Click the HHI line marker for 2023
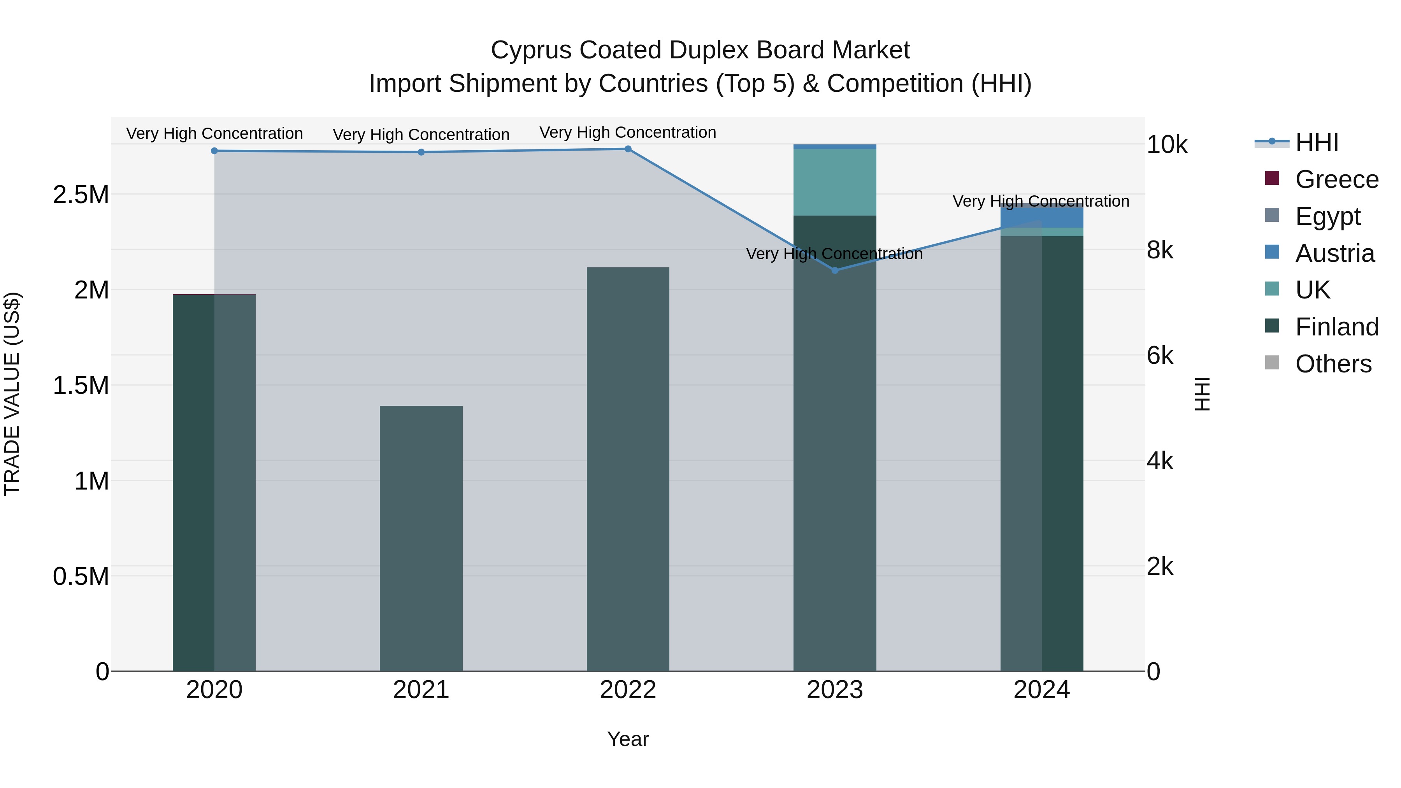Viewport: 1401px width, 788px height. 835,270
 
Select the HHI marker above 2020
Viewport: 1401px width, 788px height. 214,151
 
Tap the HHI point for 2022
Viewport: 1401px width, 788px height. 628,149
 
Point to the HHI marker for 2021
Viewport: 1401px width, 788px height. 421,152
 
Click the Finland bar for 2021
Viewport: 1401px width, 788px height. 421,539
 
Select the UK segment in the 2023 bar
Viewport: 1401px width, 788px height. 835,182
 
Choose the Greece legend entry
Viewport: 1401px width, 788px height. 1336,179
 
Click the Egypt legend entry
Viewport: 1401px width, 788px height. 1327,216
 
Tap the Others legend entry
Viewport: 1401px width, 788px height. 1333,364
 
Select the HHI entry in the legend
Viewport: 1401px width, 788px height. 1316,142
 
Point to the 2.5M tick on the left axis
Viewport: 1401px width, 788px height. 81,195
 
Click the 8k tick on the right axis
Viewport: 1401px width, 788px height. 1160,250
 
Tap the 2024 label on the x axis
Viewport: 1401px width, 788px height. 1041,690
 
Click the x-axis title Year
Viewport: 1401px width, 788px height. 628,739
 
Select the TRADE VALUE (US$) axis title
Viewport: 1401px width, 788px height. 12,394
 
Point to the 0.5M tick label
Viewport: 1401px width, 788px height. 81,576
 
